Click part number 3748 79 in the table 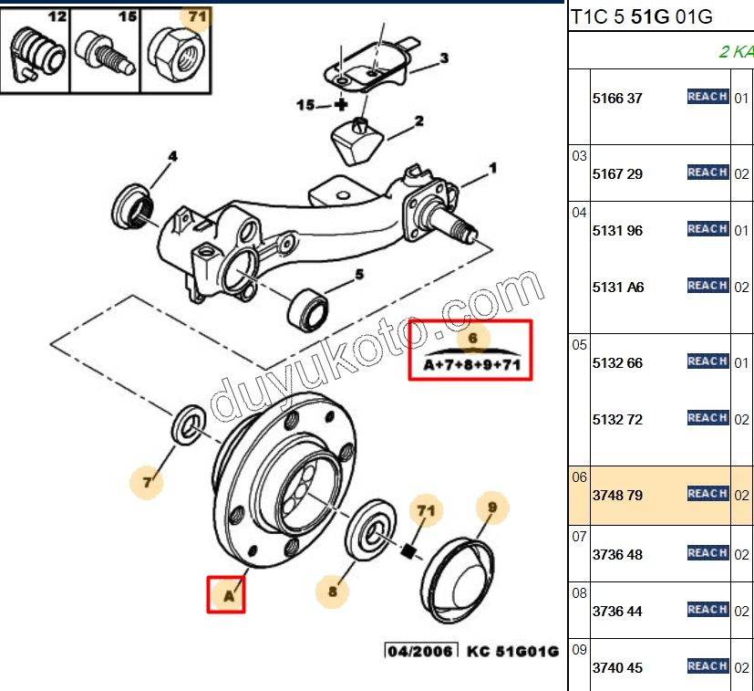(x=617, y=496)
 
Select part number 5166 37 (x=617, y=99)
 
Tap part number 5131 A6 (x=618, y=288)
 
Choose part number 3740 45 (x=617, y=668)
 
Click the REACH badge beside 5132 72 (x=707, y=418)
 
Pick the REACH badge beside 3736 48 (x=707, y=553)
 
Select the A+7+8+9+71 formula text (x=471, y=366)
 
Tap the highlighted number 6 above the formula (x=472, y=340)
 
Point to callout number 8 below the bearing (x=333, y=592)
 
